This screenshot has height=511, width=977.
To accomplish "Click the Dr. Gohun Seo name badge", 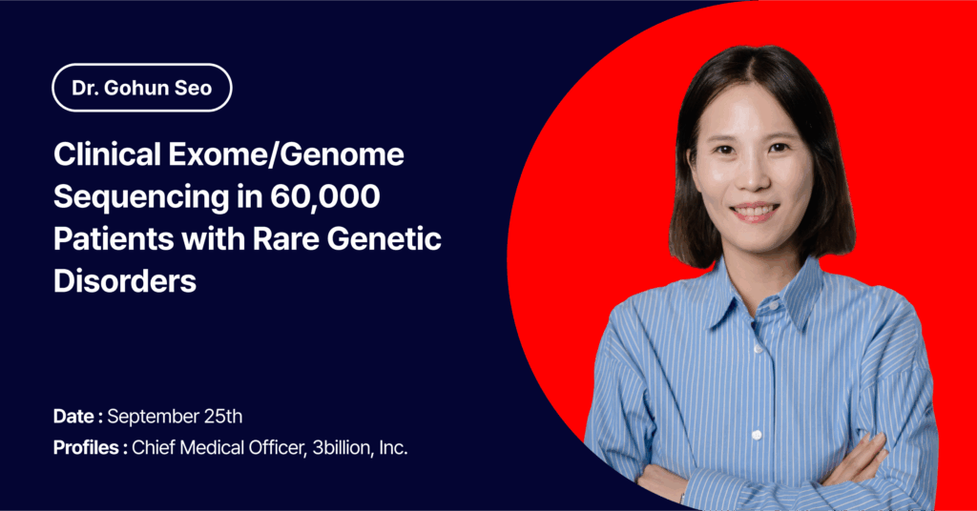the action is (x=142, y=88).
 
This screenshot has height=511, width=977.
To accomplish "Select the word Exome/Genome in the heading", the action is (x=286, y=154).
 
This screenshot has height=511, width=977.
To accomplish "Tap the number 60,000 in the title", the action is (x=324, y=196).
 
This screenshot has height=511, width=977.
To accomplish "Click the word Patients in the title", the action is (x=114, y=238).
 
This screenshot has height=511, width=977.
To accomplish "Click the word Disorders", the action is (x=125, y=280).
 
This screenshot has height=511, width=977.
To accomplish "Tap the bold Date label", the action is (x=78, y=417).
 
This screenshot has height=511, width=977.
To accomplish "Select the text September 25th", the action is (x=175, y=417).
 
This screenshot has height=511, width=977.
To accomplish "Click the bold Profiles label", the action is (x=91, y=447).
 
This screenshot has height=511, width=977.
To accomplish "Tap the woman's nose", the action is (x=753, y=177).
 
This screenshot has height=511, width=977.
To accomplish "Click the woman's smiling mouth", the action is (x=755, y=211).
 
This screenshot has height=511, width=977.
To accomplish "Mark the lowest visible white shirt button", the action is (x=757, y=435).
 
